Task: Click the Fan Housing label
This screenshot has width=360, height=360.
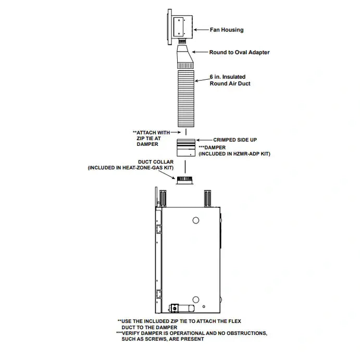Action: click(227, 30)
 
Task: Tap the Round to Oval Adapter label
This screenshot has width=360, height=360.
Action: click(239, 52)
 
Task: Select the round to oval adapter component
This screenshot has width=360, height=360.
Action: click(185, 56)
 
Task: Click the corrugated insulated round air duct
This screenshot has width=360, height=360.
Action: click(186, 98)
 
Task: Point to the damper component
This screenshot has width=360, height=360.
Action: click(186, 147)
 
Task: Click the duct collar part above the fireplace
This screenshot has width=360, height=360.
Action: click(184, 180)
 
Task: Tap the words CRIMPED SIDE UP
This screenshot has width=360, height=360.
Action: click(235, 140)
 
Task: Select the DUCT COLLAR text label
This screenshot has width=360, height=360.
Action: click(156, 162)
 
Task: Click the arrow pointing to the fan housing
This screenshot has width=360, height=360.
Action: click(201, 30)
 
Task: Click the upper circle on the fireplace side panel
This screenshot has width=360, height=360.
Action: click(195, 220)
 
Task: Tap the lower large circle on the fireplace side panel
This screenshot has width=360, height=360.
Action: click(195, 300)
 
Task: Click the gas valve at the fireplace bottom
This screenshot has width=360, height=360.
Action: click(181, 308)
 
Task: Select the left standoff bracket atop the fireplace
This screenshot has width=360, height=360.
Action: click(163, 198)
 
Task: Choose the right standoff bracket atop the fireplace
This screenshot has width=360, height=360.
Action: click(207, 198)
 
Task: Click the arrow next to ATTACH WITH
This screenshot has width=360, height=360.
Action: click(176, 132)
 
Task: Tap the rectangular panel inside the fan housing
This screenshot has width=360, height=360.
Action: click(178, 27)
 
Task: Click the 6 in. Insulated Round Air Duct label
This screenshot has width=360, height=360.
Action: click(230, 80)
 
